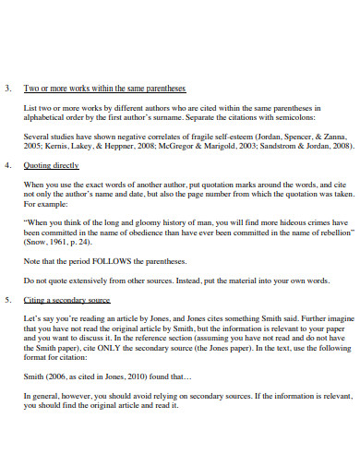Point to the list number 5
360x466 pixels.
(x=7, y=301)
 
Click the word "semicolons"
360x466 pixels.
(x=294, y=118)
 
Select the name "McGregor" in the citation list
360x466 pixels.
(x=179, y=145)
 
